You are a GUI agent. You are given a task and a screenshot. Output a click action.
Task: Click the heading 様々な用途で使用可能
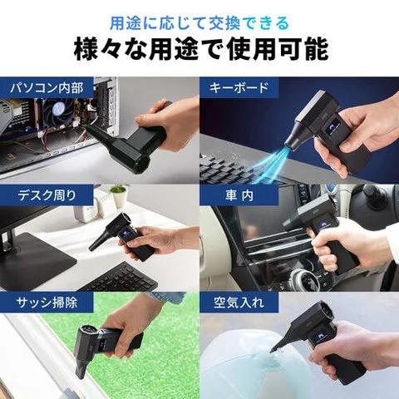pos(199,47)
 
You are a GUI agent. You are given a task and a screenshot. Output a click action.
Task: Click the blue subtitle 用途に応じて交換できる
pos(199,17)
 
